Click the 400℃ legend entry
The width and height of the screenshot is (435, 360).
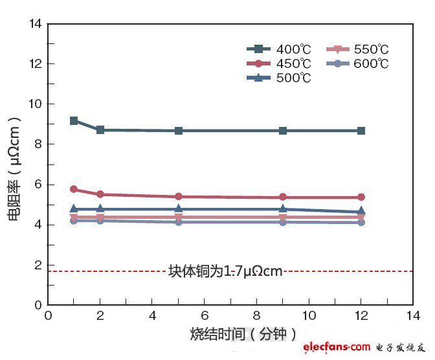point(279,49)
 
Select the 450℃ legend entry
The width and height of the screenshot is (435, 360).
point(279,63)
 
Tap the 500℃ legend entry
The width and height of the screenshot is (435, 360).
point(279,78)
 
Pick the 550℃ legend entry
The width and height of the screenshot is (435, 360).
point(357,49)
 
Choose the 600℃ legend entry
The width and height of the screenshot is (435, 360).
point(357,63)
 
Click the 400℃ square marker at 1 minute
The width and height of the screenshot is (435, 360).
point(74,121)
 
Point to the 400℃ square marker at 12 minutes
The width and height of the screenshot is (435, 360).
point(361,131)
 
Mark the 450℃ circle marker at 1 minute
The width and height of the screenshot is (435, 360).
point(74,189)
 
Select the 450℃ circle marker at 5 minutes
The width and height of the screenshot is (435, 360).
point(179,196)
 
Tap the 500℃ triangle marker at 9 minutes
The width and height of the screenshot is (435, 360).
point(283,208)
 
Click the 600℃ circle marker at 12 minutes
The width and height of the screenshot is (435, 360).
point(361,222)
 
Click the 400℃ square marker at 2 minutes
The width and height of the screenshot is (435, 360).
point(100,130)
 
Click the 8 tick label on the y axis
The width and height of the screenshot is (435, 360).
point(38,144)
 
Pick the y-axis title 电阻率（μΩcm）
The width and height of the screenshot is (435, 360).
point(15,170)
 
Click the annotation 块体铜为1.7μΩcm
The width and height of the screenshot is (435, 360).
point(225,271)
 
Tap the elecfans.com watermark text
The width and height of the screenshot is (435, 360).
point(337,348)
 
